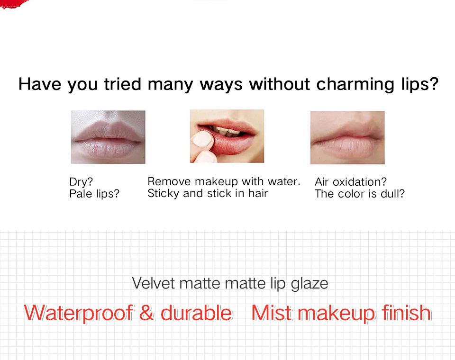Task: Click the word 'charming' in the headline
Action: pos(355,84)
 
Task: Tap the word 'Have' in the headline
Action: pos(40,84)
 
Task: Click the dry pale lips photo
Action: pos(108,137)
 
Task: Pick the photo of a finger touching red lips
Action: pos(227,136)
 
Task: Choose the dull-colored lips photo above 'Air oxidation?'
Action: pos(347,137)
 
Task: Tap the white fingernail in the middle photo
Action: pos(203,139)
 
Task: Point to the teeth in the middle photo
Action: pos(228,131)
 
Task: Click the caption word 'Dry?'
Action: pos(81,182)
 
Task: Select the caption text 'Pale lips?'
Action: pos(94,194)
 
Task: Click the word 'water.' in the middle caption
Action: pos(284,181)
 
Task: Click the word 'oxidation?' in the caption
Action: pos(360,182)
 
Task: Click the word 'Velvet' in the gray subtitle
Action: pos(154,283)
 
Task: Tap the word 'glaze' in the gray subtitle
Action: pos(309,284)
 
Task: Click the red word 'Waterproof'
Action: pos(79,313)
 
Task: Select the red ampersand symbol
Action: pos(146,313)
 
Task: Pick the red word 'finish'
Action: pos(407,313)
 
